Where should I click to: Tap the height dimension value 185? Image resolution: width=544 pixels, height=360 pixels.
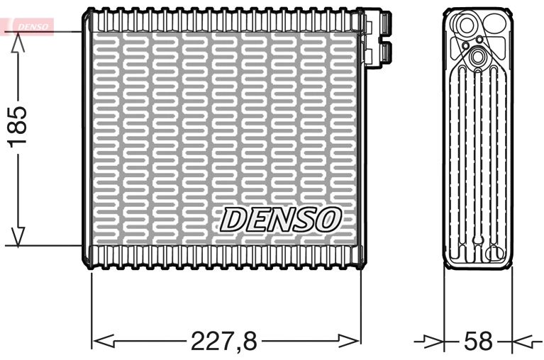point(17,126)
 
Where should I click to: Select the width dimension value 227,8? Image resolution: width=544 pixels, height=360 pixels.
point(223,342)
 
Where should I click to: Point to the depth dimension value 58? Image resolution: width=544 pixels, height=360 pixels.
point(477,342)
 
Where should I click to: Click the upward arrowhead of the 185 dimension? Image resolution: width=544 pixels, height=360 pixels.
point(18,41)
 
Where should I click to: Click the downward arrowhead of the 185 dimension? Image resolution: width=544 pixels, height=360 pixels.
point(18,237)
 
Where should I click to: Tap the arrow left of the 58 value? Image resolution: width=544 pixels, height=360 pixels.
point(433,342)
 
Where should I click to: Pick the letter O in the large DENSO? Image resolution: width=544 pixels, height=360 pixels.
point(328,220)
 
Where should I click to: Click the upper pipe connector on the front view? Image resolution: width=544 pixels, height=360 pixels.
point(378,23)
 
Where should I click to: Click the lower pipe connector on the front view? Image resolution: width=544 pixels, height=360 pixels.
point(378,50)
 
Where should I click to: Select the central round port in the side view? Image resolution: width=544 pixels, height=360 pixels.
point(477,56)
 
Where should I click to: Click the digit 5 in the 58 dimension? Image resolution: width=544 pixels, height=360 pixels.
point(470,342)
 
